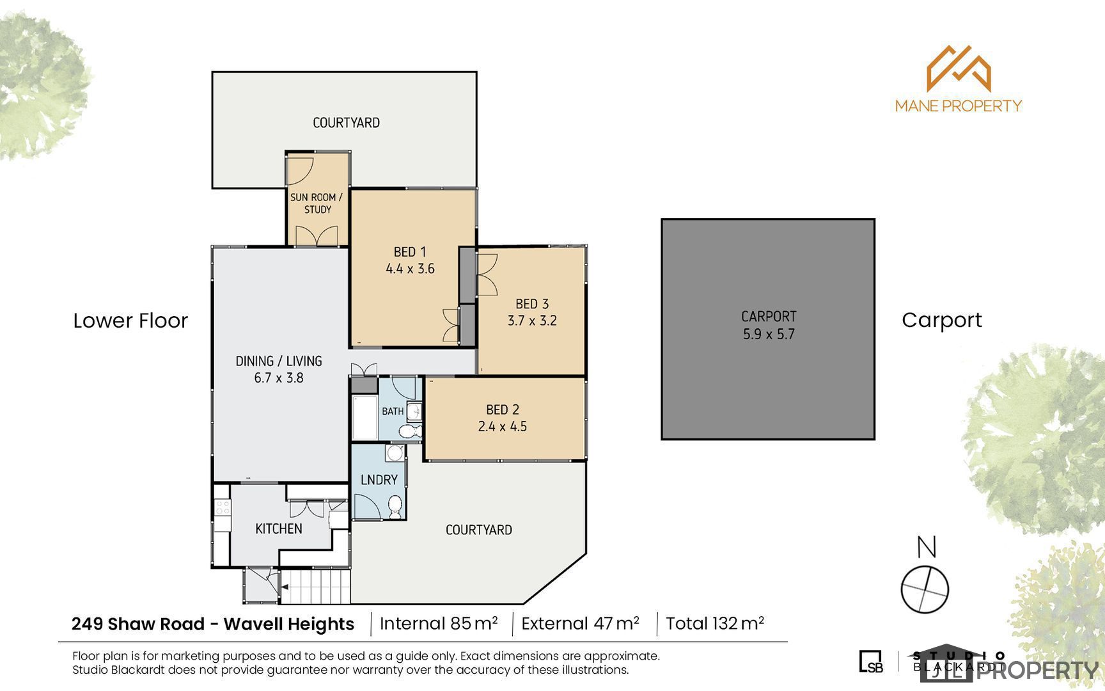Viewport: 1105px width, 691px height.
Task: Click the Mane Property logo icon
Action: [959, 68]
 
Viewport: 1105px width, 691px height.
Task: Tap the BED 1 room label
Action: [410, 252]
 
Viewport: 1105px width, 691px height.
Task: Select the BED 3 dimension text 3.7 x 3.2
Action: [532, 321]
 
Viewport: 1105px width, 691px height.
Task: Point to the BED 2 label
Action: [503, 409]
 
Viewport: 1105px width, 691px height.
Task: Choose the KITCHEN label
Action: [279, 528]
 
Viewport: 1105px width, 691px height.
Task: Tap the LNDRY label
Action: [379, 479]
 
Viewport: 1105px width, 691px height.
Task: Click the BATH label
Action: [393, 411]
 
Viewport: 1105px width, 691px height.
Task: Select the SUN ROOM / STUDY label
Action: [317, 203]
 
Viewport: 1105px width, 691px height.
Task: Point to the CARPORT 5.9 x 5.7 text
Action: [769, 325]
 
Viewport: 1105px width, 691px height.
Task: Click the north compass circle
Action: [925, 589]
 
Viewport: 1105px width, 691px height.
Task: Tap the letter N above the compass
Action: [927, 547]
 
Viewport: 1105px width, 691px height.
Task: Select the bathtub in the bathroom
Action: [364, 418]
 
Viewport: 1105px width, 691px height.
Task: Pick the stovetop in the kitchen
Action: [223, 507]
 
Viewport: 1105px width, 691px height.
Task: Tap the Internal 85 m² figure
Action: [439, 623]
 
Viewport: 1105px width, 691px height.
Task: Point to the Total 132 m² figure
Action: [715, 623]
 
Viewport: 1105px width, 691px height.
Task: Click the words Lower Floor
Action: [130, 321]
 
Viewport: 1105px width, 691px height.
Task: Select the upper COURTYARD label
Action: [346, 122]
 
